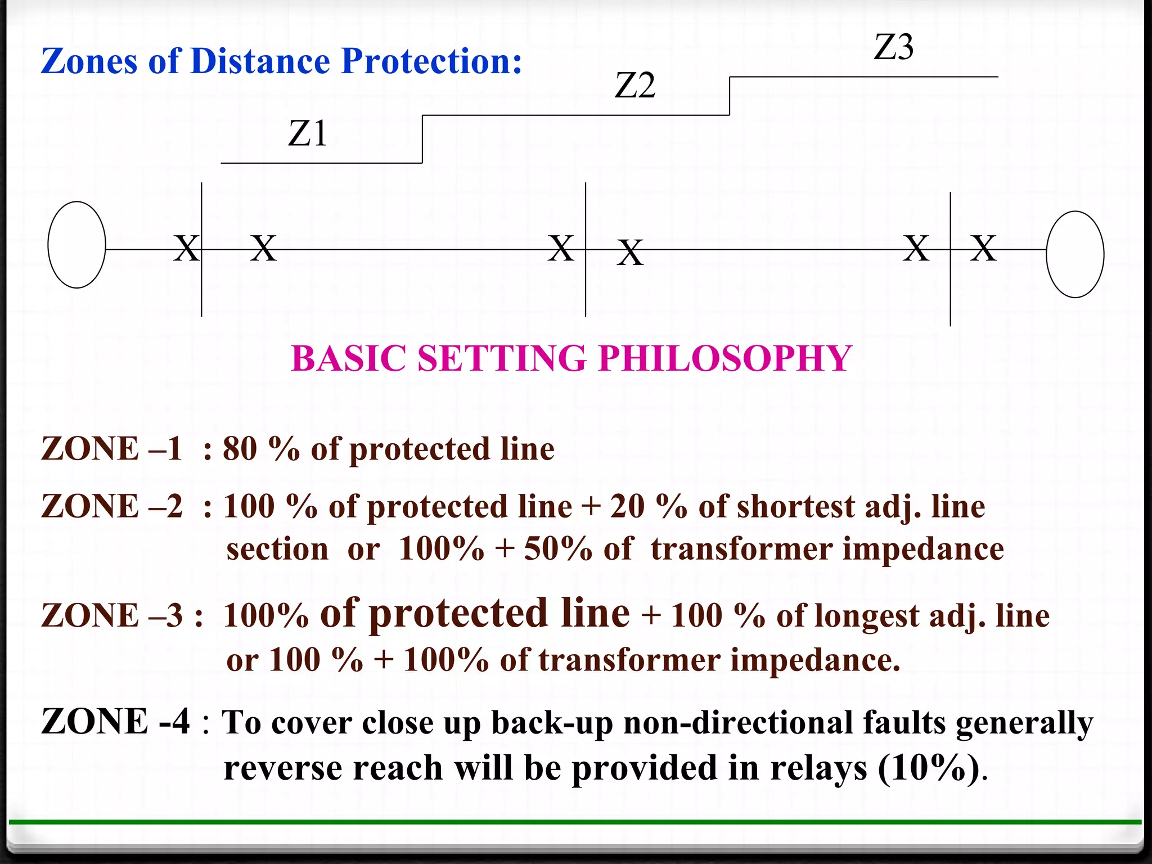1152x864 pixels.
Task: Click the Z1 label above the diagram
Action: pos(308,134)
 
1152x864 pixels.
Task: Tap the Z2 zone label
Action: pos(635,86)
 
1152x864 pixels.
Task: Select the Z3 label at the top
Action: pos(893,47)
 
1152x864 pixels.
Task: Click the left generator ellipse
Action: pos(77,245)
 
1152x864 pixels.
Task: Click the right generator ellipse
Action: pos(1074,254)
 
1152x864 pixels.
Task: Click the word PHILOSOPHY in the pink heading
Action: pos(725,358)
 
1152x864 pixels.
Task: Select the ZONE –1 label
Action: pos(111,449)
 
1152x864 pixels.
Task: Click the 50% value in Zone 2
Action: pos(557,549)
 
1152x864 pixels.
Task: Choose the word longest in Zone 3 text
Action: pos(867,615)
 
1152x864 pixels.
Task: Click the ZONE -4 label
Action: pos(115,722)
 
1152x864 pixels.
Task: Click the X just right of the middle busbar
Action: pos(630,253)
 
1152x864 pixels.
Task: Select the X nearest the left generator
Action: pos(186,248)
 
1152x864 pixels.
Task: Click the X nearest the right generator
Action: pos(983,248)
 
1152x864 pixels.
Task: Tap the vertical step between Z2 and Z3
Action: pos(730,96)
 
